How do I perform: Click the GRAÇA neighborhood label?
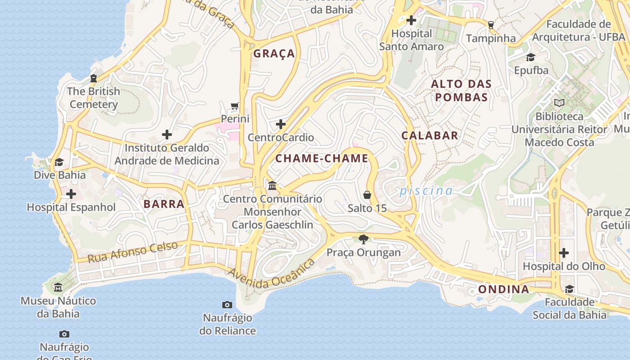(274, 54)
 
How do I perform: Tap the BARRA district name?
(164, 204)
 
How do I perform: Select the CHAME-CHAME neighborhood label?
(322, 158)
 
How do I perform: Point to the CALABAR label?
(430, 135)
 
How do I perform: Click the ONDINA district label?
(504, 289)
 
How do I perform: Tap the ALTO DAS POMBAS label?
(461, 90)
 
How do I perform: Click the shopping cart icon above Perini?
(234, 106)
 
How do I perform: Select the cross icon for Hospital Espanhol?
(71, 194)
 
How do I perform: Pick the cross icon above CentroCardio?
(281, 124)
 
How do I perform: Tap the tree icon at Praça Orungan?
(364, 239)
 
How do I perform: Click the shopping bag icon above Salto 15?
(367, 195)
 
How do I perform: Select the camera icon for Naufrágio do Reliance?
(227, 305)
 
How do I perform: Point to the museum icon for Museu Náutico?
(58, 288)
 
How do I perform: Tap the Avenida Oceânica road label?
(271, 275)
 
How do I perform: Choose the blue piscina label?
(426, 191)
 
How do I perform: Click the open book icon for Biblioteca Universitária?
(559, 103)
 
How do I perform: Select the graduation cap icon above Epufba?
(531, 57)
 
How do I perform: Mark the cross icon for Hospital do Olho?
(563, 253)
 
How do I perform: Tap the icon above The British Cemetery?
(94, 78)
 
